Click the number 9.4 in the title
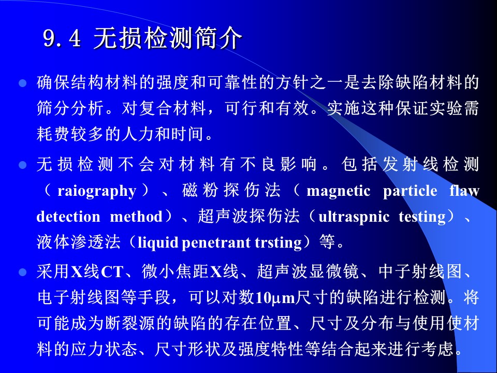pyautogui.click(x=62, y=39)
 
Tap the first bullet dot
pyautogui.click(x=22, y=83)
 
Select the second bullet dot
pyautogui.click(x=22, y=165)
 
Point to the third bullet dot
pyautogui.click(x=22, y=272)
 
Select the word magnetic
pyautogui.click(x=338, y=191)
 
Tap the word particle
pyautogui.click(x=410, y=191)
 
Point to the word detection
pyautogui.click(x=68, y=217)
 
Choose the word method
pyautogui.click(x=136, y=217)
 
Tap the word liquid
pyautogui.click(x=158, y=243)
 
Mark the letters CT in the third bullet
pyautogui.click(x=112, y=272)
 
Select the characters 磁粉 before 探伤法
pyautogui.click(x=200, y=191)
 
